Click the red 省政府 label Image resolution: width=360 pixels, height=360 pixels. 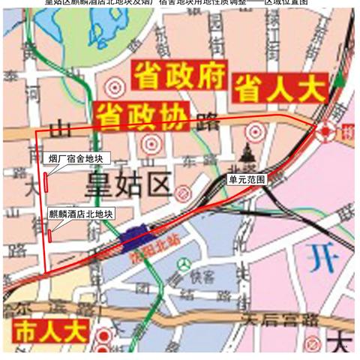(x=177, y=75)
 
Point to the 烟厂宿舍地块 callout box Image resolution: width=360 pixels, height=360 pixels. (x=85, y=158)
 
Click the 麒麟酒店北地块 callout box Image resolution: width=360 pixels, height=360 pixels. (x=82, y=214)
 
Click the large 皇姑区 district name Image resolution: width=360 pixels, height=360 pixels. (x=127, y=184)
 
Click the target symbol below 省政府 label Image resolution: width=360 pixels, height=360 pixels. (x=152, y=142)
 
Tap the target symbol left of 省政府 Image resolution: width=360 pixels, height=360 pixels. (x=113, y=88)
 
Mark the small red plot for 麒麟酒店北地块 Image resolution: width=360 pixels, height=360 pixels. (x=49, y=235)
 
